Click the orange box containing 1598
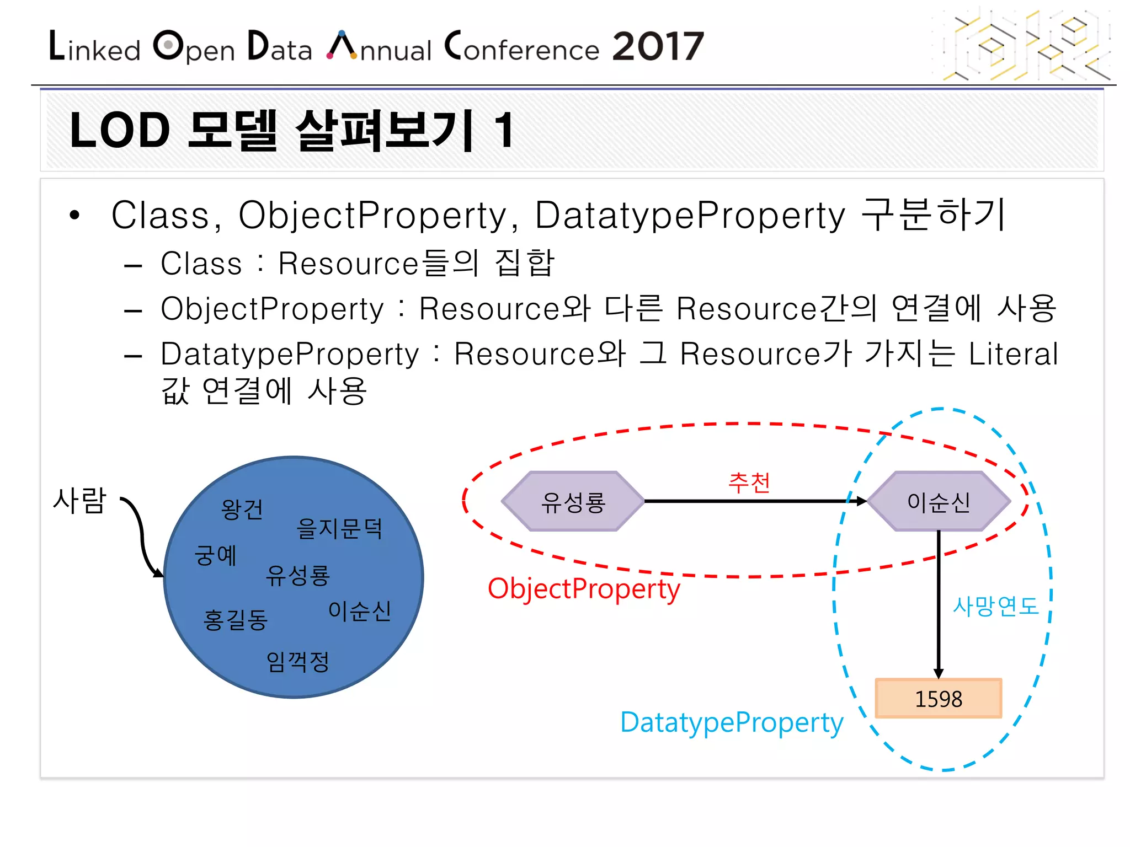[938, 699]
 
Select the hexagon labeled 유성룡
[573, 501]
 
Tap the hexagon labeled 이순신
[939, 501]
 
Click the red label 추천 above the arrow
[749, 483]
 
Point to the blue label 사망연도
[995, 606]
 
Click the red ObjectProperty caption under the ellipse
[584, 589]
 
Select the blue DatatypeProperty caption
[732, 722]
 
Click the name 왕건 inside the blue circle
[242, 509]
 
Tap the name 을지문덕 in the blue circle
[339, 528]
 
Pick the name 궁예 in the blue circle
[216, 555]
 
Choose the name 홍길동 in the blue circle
[236, 620]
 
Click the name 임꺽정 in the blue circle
[297, 661]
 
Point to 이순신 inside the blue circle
[360, 611]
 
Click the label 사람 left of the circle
[79, 501]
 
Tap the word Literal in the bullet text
[1013, 354]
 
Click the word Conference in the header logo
[522, 47]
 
